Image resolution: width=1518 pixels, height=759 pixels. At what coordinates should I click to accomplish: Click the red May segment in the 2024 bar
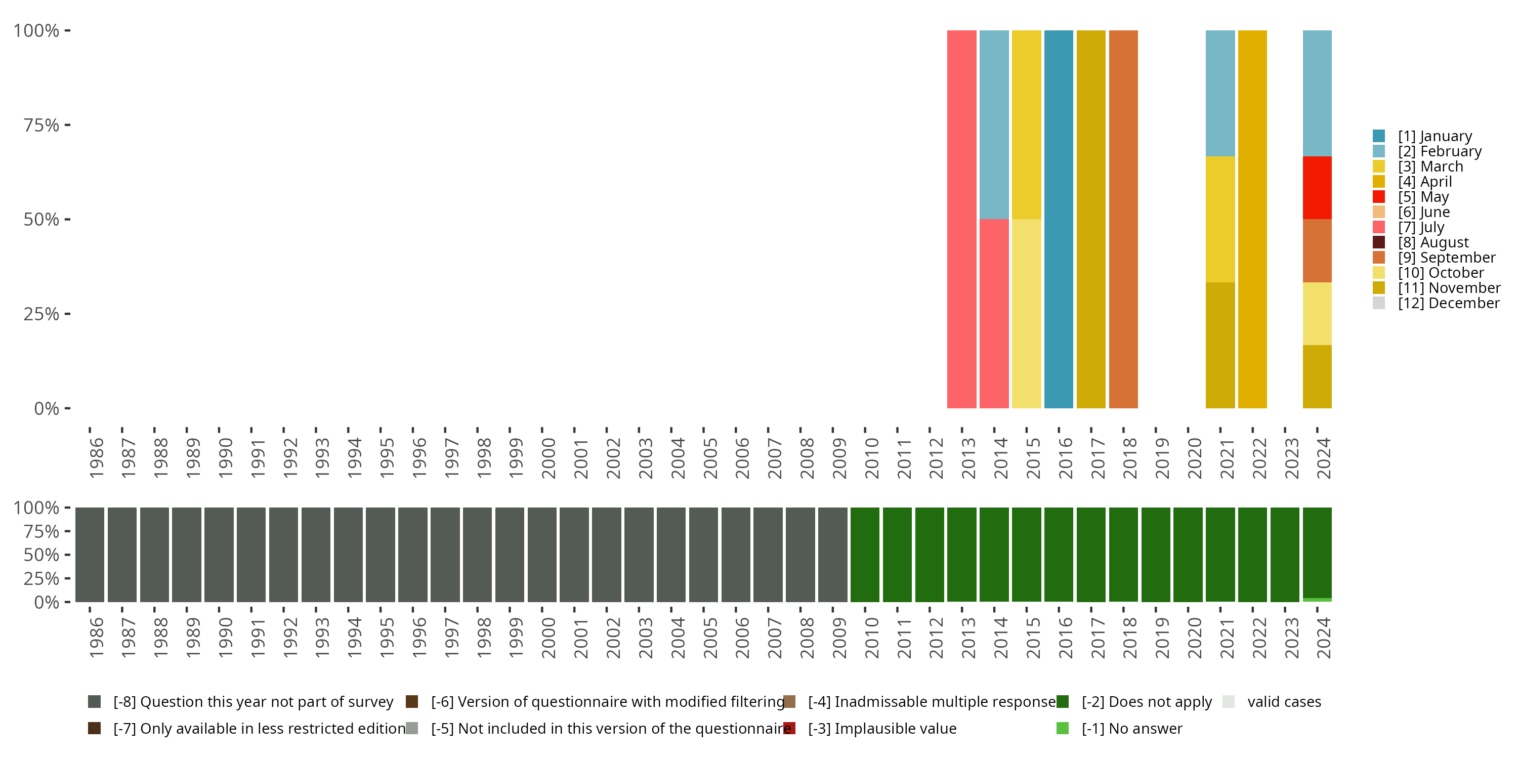[1317, 187]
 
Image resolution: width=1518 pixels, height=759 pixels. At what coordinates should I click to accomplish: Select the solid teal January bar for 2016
[1059, 219]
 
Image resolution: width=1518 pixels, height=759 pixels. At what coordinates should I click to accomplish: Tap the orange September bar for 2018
[1123, 219]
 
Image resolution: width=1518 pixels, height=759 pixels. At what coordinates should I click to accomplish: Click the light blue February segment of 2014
[994, 124]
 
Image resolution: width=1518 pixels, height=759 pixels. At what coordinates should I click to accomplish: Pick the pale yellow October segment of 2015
[1026, 314]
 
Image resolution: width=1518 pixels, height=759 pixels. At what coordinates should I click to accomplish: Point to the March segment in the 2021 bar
[1220, 219]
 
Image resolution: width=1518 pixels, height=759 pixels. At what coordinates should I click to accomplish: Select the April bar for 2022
[1252, 219]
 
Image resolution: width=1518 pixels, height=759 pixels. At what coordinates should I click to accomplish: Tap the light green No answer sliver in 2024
[1317, 600]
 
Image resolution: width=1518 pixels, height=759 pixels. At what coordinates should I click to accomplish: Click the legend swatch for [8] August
[1378, 242]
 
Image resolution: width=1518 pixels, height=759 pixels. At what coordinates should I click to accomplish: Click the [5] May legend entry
[1422, 197]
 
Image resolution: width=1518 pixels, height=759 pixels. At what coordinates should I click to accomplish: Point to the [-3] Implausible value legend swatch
[789, 728]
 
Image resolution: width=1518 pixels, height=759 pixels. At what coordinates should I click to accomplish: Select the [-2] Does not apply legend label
[1146, 702]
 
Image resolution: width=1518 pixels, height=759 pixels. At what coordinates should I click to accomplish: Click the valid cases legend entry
[1283, 702]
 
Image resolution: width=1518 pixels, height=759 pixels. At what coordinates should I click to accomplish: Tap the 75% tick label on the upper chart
[41, 125]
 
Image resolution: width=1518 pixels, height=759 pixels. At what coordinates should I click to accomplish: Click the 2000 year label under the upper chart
[548, 458]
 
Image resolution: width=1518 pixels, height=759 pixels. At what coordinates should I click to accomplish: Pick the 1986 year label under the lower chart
[96, 638]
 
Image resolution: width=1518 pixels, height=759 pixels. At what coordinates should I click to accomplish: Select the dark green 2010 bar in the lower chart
[864, 555]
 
